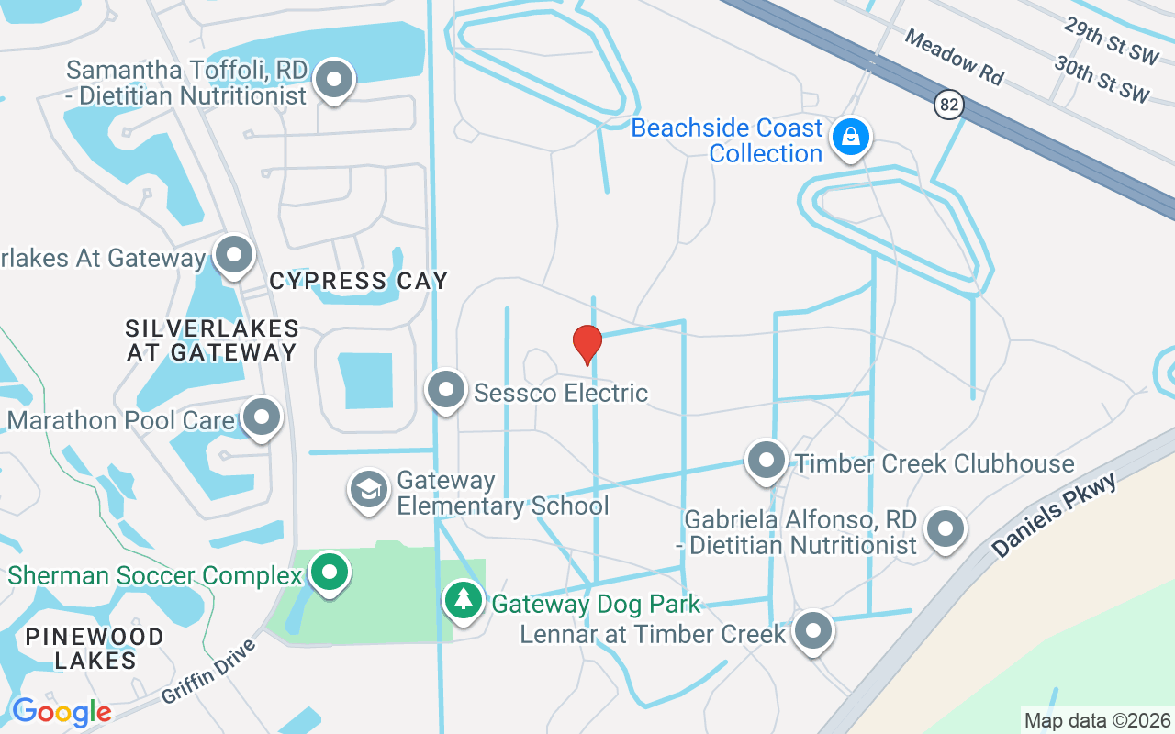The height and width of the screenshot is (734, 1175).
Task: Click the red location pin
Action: tap(587, 344)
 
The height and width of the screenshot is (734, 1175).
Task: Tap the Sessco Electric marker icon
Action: tap(447, 390)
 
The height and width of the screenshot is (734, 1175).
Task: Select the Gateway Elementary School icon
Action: tap(368, 489)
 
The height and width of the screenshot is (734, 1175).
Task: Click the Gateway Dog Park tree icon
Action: tap(464, 601)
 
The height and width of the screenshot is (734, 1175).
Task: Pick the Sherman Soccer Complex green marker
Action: tap(330, 573)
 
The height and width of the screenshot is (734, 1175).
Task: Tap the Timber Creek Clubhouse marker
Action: tap(766, 461)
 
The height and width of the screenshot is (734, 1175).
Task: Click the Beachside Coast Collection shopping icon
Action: tap(851, 138)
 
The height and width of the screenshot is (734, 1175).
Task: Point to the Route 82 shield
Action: tap(949, 105)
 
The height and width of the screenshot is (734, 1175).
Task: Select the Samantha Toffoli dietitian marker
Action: tap(334, 80)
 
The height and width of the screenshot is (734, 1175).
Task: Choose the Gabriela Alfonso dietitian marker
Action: tap(946, 529)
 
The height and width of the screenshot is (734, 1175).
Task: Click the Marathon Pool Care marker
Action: tap(262, 417)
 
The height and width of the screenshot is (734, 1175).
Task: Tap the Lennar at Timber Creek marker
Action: tap(812, 631)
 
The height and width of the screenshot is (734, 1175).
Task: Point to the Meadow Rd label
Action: tap(954, 57)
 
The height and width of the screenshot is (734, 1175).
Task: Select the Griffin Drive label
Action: tap(208, 672)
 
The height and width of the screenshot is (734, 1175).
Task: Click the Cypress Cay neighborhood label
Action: tap(359, 281)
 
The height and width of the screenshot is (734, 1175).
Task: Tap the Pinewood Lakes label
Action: tap(95, 648)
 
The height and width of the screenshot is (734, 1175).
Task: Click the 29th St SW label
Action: tap(1111, 40)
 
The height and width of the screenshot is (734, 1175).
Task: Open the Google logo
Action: tap(62, 711)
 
